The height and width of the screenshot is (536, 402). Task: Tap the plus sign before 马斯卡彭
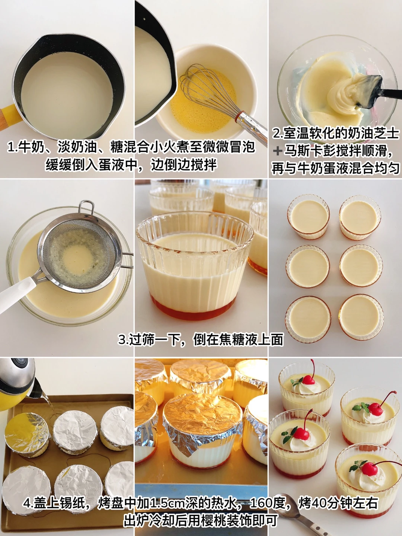(x=278, y=151)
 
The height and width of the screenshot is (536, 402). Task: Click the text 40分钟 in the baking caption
(x=331, y=502)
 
